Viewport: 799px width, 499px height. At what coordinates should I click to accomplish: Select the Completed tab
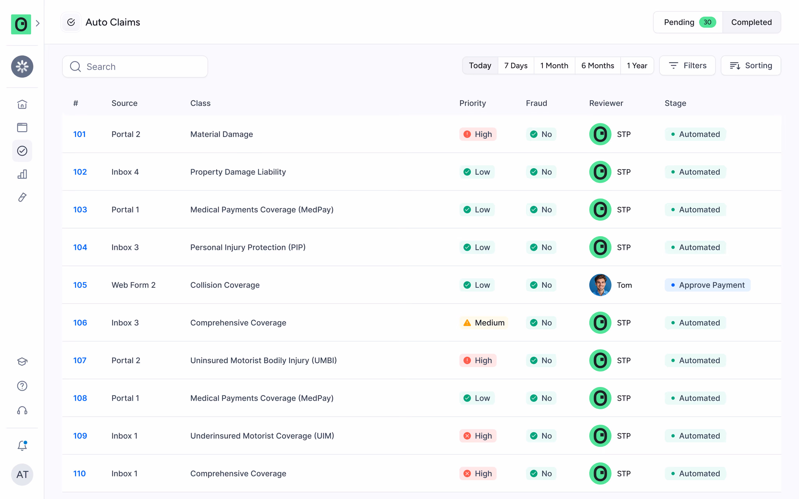coord(751,22)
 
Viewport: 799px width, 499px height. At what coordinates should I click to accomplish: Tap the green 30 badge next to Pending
coord(707,22)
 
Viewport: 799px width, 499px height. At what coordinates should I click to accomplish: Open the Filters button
coord(687,66)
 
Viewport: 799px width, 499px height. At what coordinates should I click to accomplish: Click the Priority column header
coord(472,103)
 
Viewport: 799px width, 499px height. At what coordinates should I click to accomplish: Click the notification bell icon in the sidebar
coord(22,446)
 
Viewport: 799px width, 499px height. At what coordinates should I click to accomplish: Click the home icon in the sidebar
coord(22,104)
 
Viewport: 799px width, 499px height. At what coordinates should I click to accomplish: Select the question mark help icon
coord(22,386)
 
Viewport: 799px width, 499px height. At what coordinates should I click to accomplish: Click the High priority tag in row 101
coord(478,134)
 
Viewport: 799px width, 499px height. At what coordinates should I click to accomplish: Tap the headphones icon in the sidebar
coord(22,411)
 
